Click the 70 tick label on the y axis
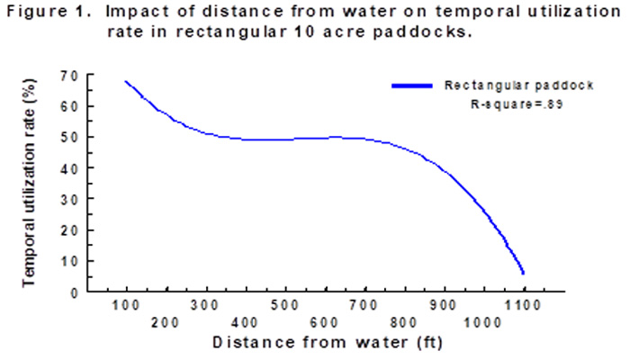coord(67,75)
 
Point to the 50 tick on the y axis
coord(67,137)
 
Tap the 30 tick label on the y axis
coord(67,199)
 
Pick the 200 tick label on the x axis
coord(166,322)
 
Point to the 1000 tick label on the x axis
coord(484,322)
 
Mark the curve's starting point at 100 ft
coord(126,81)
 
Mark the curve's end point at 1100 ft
coord(523,273)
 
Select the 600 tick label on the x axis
coord(325,322)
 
